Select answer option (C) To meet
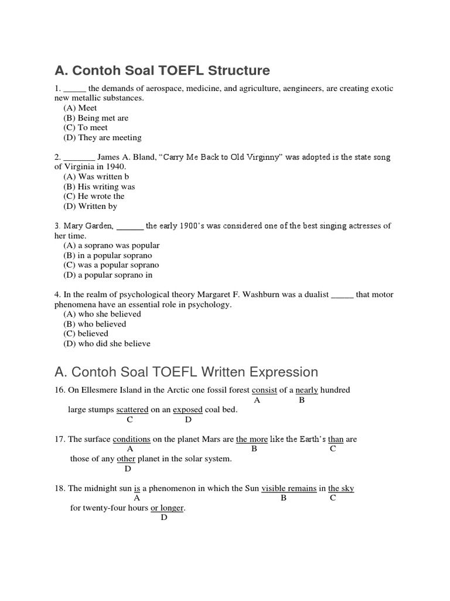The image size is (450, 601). pyautogui.click(x=86, y=127)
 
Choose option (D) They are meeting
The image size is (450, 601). pyautogui.click(x=103, y=137)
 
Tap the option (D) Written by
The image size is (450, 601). pyautogui.click(x=90, y=206)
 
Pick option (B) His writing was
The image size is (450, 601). pyautogui.click(x=99, y=187)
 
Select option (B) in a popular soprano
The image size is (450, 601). pyautogui.click(x=107, y=255)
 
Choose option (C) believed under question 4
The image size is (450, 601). pyautogui.click(x=86, y=333)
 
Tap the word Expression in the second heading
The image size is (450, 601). pyautogui.click(x=284, y=372)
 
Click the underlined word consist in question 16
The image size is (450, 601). pyautogui.click(x=264, y=390)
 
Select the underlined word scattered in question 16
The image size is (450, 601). pyautogui.click(x=132, y=410)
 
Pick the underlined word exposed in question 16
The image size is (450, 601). pyautogui.click(x=187, y=410)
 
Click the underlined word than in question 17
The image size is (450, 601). pyautogui.click(x=336, y=439)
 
